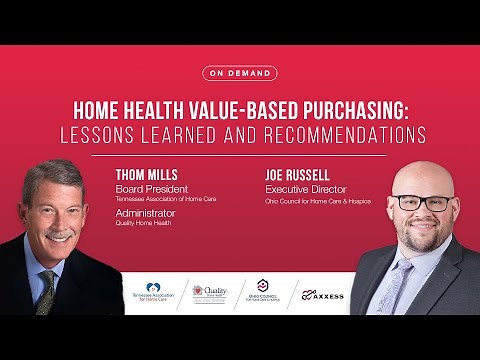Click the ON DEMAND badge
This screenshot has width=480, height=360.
point(239,73)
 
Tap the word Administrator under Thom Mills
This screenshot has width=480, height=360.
point(150,212)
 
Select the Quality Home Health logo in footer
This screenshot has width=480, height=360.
point(210,293)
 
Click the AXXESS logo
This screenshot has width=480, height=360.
point(322,294)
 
